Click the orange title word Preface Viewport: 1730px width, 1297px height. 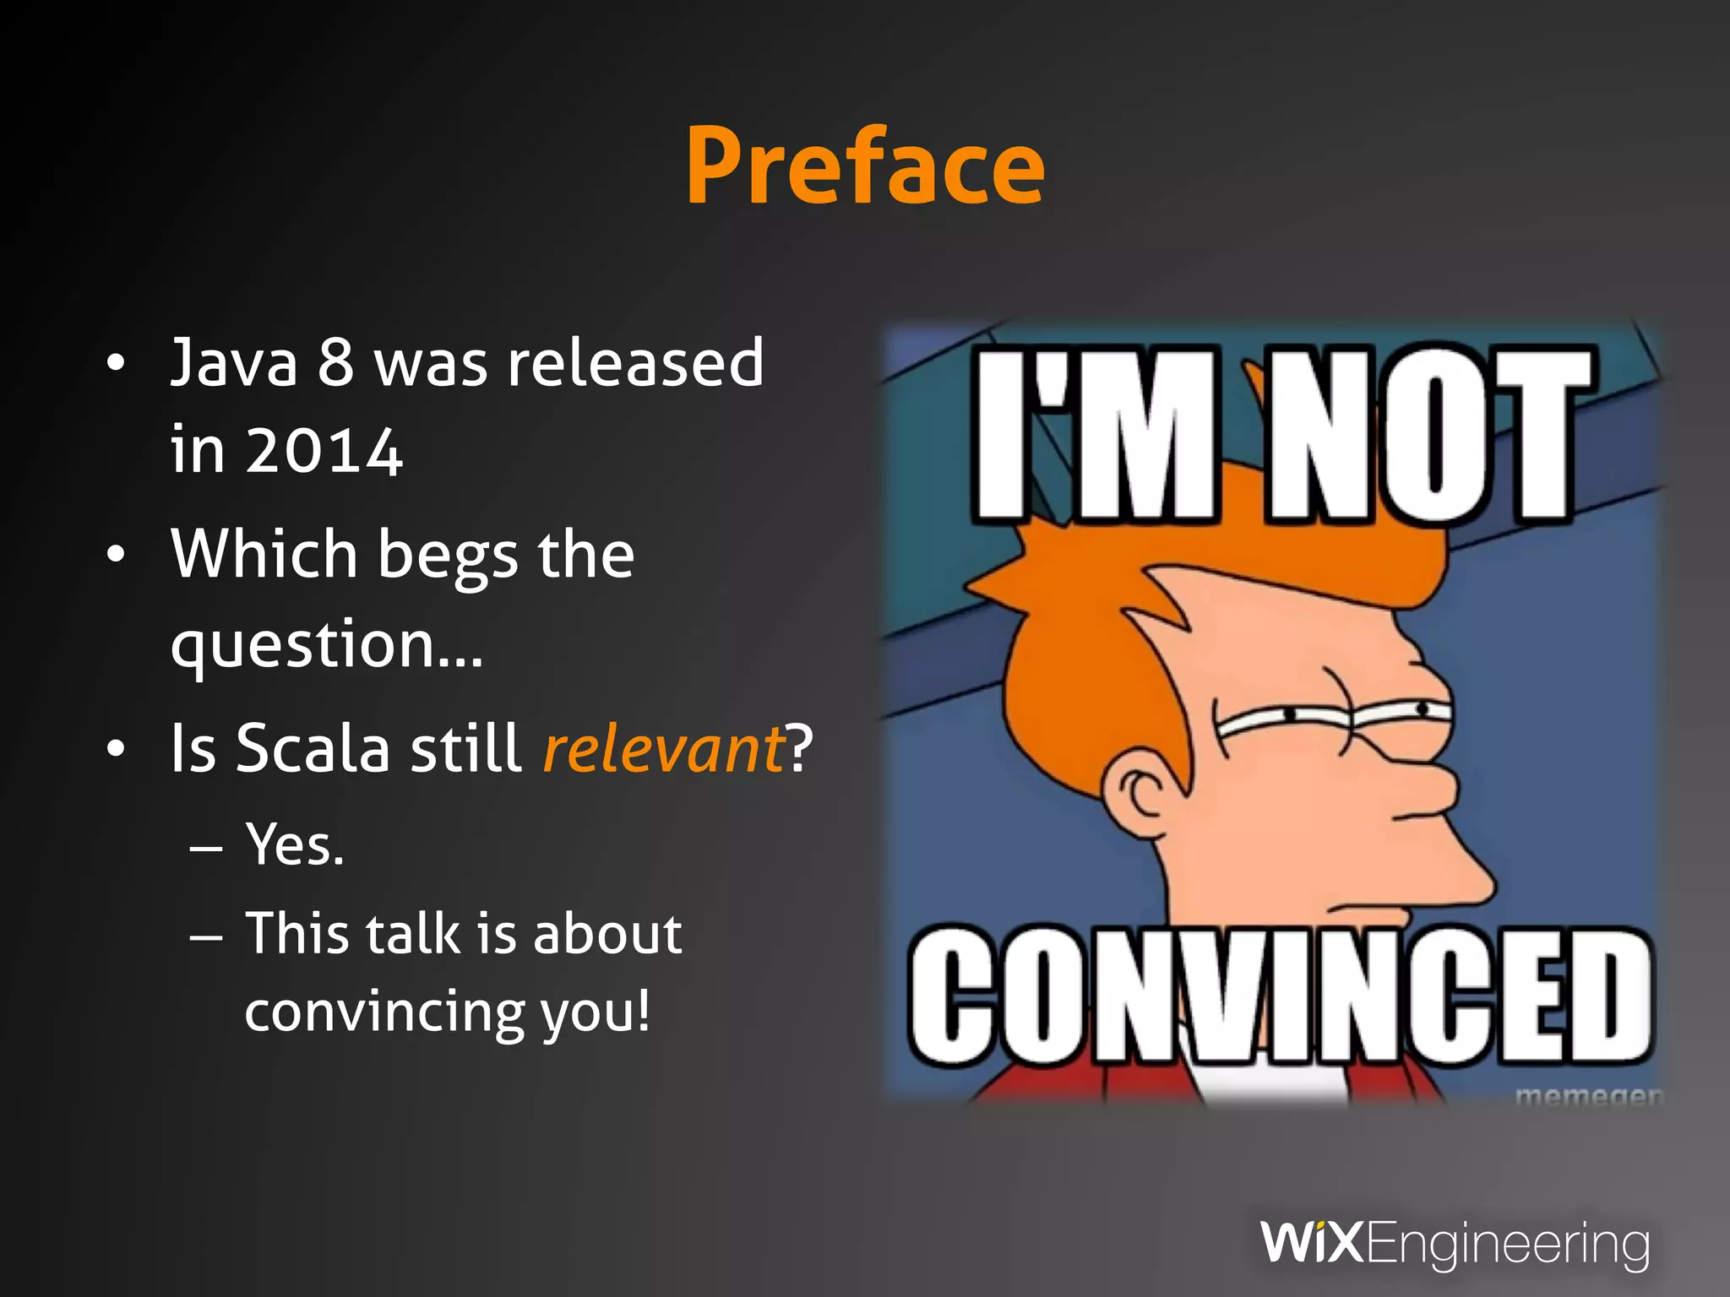865,166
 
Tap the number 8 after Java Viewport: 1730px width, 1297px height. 335,363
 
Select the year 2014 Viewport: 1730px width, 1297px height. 324,451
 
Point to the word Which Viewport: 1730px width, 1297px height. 264,554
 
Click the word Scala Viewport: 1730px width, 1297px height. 313,748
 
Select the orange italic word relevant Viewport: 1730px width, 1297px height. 664,750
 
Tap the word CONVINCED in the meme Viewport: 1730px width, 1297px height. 1279,996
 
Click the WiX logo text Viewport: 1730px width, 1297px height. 1312,1242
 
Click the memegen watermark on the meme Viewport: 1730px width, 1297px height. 1586,1095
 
